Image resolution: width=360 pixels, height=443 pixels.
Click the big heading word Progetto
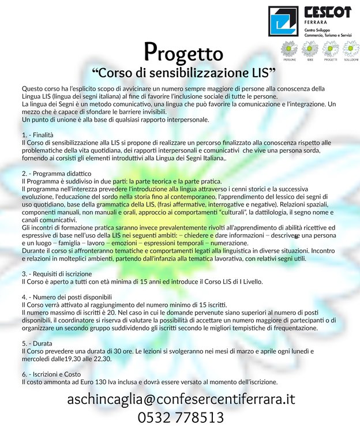(183, 53)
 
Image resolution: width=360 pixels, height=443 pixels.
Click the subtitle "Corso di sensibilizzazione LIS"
(183, 73)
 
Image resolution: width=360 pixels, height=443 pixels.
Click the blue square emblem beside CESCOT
(283, 21)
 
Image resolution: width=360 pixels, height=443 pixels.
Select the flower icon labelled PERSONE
(289, 48)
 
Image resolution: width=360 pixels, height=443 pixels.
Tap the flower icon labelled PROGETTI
(331, 48)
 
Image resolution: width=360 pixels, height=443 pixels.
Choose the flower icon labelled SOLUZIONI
(351, 48)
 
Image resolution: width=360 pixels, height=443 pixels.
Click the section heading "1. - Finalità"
(37, 135)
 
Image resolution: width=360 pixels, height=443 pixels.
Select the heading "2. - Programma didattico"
(55, 173)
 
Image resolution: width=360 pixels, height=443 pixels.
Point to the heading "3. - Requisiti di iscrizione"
(59, 273)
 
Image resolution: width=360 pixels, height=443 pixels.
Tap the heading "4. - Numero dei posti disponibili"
(67, 296)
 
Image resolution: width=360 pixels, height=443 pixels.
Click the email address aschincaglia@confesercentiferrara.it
(181, 399)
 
